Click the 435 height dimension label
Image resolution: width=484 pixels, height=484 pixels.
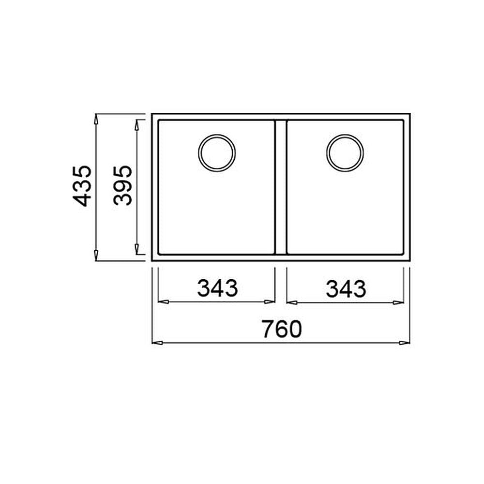[82, 186]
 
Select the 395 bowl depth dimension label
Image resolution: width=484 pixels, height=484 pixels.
[122, 185]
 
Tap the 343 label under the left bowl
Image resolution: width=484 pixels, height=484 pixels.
[218, 288]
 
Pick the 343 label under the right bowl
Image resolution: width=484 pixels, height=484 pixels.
[346, 288]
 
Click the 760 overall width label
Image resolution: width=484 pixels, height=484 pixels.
[282, 329]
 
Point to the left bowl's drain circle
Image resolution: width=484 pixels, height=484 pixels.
[217, 135]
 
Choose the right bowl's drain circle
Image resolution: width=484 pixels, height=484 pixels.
[345, 135]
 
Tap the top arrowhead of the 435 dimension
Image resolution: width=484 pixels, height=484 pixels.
[96, 119]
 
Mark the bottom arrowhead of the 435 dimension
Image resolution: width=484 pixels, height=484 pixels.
[96, 255]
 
